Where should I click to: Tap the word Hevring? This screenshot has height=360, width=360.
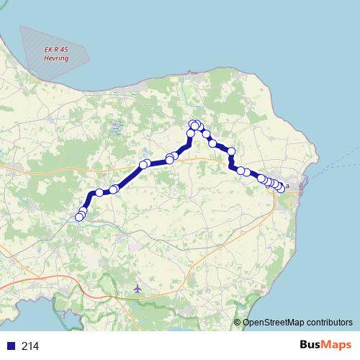pos(57,59)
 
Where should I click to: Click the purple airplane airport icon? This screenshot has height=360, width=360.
pos(138,289)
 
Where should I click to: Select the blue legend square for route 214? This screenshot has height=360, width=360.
pos(11,346)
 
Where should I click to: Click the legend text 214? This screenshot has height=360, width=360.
pos(30,346)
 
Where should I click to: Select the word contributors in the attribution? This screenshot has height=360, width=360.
pos(330,322)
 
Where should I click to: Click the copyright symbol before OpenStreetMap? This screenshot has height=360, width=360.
pos(238,322)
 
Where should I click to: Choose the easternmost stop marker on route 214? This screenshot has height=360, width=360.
pos(281,189)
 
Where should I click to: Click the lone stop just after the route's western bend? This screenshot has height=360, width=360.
pos(99,193)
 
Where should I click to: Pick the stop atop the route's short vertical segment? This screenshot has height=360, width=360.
pos(191,133)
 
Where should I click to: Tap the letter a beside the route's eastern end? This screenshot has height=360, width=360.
pos(287,186)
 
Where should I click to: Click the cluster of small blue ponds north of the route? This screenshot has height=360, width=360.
pos(115,129)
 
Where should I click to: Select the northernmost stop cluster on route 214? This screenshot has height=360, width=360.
pos(195,126)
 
